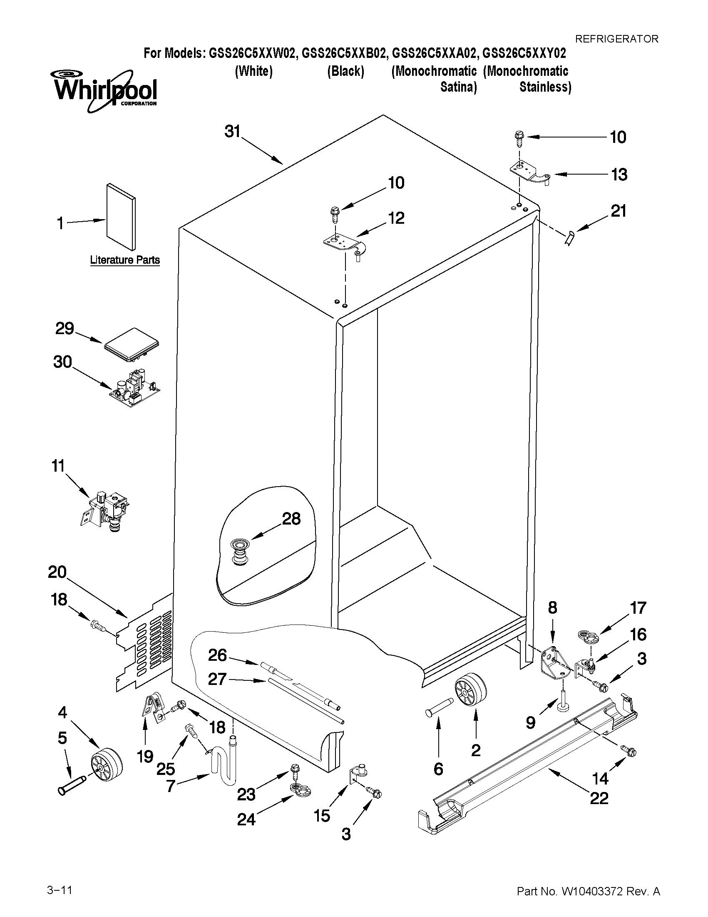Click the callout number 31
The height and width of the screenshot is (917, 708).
232,131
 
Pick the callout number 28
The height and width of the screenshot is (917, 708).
291,519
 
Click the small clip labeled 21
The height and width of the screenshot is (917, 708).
569,239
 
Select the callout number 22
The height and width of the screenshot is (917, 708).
599,798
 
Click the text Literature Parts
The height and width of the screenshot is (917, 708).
125,260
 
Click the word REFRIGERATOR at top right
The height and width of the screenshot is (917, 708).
616,39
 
